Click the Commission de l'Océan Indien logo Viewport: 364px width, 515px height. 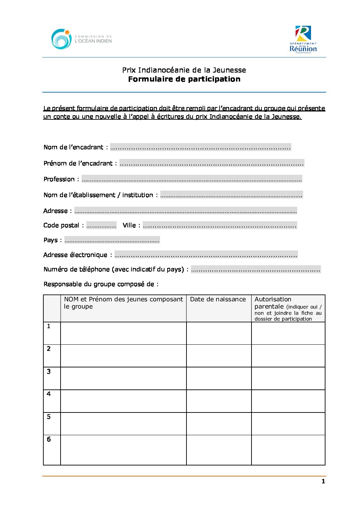click(82, 39)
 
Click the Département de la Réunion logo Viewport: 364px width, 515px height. click(303, 39)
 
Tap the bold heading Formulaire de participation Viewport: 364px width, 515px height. click(184, 79)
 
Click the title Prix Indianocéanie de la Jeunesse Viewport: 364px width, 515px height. click(184, 70)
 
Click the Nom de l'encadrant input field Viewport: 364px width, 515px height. click(201, 147)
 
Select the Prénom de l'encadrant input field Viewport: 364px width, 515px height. click(212, 163)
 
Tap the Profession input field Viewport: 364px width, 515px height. click(192, 179)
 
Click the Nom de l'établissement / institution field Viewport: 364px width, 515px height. click(231, 195)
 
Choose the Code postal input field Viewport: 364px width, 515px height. click(101, 225)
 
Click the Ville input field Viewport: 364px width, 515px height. click(220, 225)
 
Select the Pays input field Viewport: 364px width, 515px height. click(112, 240)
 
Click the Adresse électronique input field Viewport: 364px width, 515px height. click(206, 255)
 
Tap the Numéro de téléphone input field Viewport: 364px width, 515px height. click(256, 269)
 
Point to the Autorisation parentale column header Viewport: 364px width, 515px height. click(288, 308)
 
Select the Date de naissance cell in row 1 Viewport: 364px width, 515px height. click(218, 333)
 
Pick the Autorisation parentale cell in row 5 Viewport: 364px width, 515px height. click(288, 423)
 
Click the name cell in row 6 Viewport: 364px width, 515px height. click(123, 450)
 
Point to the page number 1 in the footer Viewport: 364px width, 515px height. click(323, 481)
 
